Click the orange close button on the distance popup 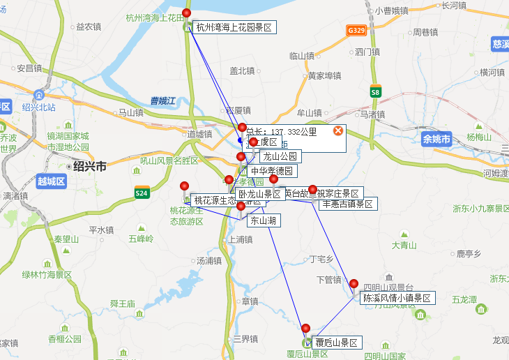pyautogui.click(x=338, y=130)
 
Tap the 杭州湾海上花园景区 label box pyautogui.click(x=234, y=28)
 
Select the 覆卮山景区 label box pyautogui.click(x=335, y=343)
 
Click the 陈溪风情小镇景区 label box pyautogui.click(x=397, y=299)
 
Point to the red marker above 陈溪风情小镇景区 pyautogui.click(x=354, y=283)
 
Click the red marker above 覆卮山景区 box pyautogui.click(x=305, y=328)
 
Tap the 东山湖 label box pyautogui.click(x=264, y=221)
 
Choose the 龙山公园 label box pyautogui.click(x=280, y=157)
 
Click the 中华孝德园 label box pyautogui.click(x=273, y=171)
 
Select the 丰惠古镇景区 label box pyautogui.click(x=347, y=204)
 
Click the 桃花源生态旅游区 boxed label pyautogui.click(x=228, y=201)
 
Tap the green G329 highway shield pyautogui.click(x=356, y=31)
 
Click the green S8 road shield pyautogui.click(x=375, y=91)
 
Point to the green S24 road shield pyautogui.click(x=142, y=193)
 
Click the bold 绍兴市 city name pyautogui.click(x=89, y=167)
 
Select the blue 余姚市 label pyautogui.click(x=437, y=140)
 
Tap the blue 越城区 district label pyautogui.click(x=51, y=181)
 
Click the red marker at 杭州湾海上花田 pyautogui.click(x=186, y=13)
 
